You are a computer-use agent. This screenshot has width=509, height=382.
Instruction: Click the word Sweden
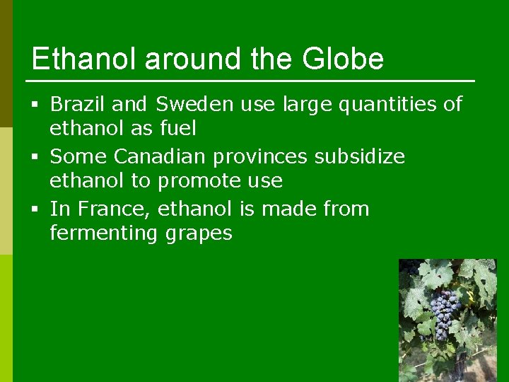pos(194,105)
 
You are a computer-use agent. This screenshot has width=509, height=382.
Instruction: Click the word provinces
pos(262,157)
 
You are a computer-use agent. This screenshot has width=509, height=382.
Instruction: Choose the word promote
pos(197,181)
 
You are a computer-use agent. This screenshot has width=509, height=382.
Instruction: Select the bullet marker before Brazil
pos(35,105)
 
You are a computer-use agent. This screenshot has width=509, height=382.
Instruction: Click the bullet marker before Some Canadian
pos(35,157)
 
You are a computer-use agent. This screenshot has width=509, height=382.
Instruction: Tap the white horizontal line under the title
pos(253,81)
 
